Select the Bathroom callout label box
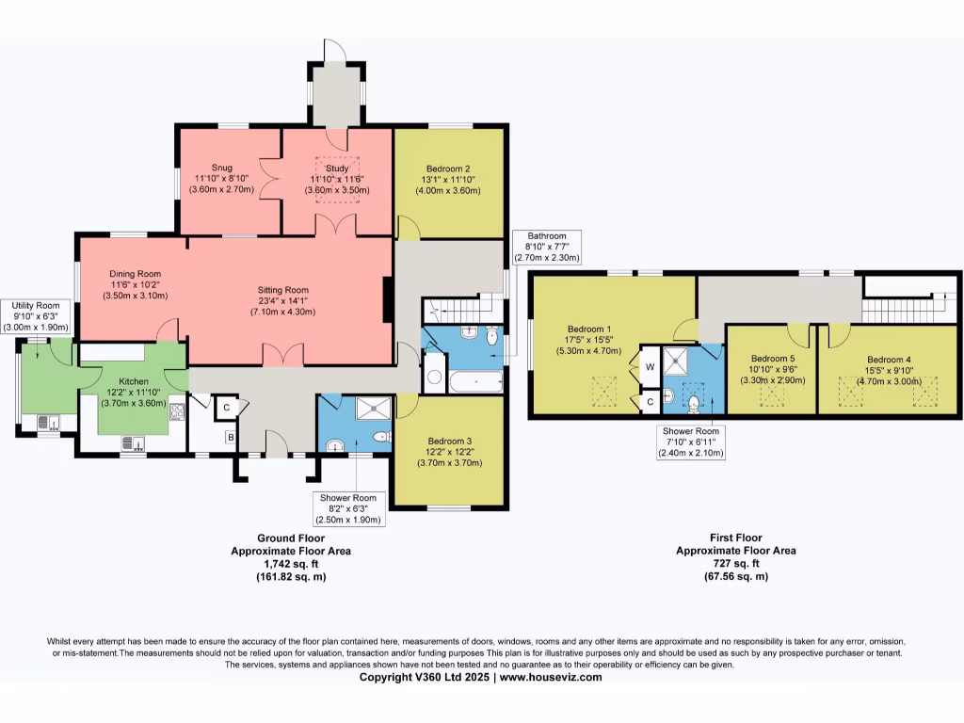point(546,247)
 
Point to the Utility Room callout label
point(36,316)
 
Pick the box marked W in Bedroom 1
point(649,367)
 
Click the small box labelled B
point(228,437)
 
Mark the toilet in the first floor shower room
point(695,403)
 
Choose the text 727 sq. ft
point(735,563)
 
